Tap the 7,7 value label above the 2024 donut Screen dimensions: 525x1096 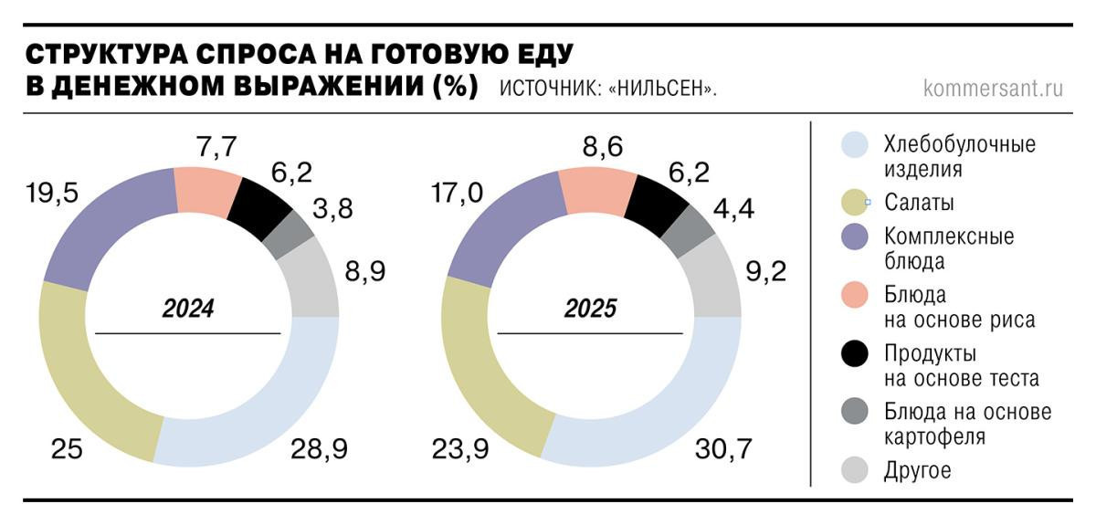pyautogui.click(x=216, y=145)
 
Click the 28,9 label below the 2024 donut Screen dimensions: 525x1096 pyautogui.click(x=321, y=448)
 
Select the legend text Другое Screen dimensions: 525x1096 pyautogui.click(x=918, y=471)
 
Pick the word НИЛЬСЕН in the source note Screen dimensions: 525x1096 pyautogui.click(x=659, y=90)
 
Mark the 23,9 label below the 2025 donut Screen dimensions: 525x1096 pyautogui.click(x=461, y=448)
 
